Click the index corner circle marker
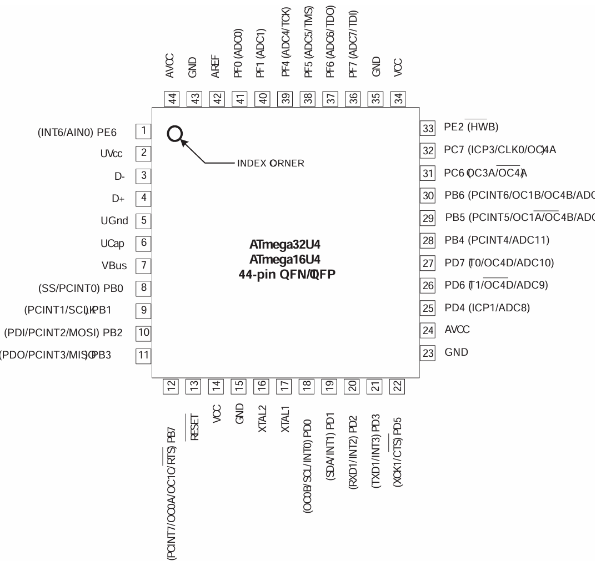[x=174, y=133]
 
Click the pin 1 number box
[x=144, y=131]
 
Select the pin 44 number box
[x=173, y=99]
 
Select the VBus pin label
[x=114, y=266]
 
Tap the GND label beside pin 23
[x=457, y=352]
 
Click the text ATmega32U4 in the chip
[x=286, y=244]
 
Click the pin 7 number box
[x=144, y=266]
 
